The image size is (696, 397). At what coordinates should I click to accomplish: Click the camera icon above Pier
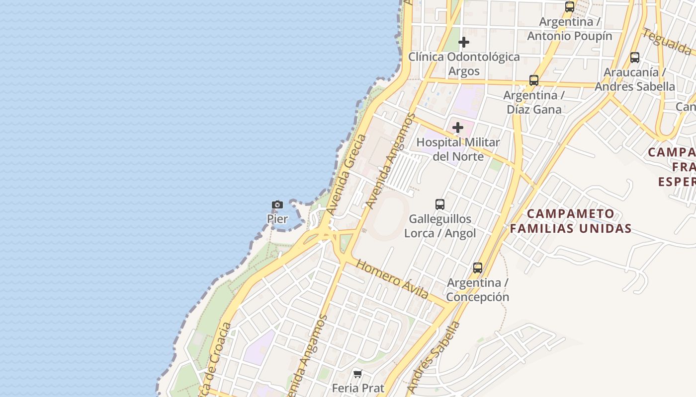277,204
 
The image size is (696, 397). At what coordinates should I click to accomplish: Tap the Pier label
277,219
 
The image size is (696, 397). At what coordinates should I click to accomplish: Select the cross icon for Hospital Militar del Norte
458,128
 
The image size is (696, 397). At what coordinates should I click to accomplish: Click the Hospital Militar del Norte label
458,149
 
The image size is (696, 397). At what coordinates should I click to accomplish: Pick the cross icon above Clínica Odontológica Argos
464,42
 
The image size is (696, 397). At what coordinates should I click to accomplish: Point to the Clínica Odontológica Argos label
464,64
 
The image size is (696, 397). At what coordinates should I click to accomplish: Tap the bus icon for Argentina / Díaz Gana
534,80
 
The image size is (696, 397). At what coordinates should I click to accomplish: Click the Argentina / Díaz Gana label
534,102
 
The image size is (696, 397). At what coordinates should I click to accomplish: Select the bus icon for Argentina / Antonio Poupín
570,7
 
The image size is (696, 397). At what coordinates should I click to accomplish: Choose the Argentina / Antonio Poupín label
570,29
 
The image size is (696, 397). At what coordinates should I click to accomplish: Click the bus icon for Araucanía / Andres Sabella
635,57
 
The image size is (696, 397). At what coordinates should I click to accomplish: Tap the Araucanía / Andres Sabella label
635,79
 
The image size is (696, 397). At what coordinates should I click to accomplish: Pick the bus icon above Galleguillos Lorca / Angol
440,204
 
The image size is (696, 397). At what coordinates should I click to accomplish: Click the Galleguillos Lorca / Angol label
440,226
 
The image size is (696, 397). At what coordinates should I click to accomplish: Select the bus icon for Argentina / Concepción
478,268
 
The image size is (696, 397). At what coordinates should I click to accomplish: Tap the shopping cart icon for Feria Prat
357,374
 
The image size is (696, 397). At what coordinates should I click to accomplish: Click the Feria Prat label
357,388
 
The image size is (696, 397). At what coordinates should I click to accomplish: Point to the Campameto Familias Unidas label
571,221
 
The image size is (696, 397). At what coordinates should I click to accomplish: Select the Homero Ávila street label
393,279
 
